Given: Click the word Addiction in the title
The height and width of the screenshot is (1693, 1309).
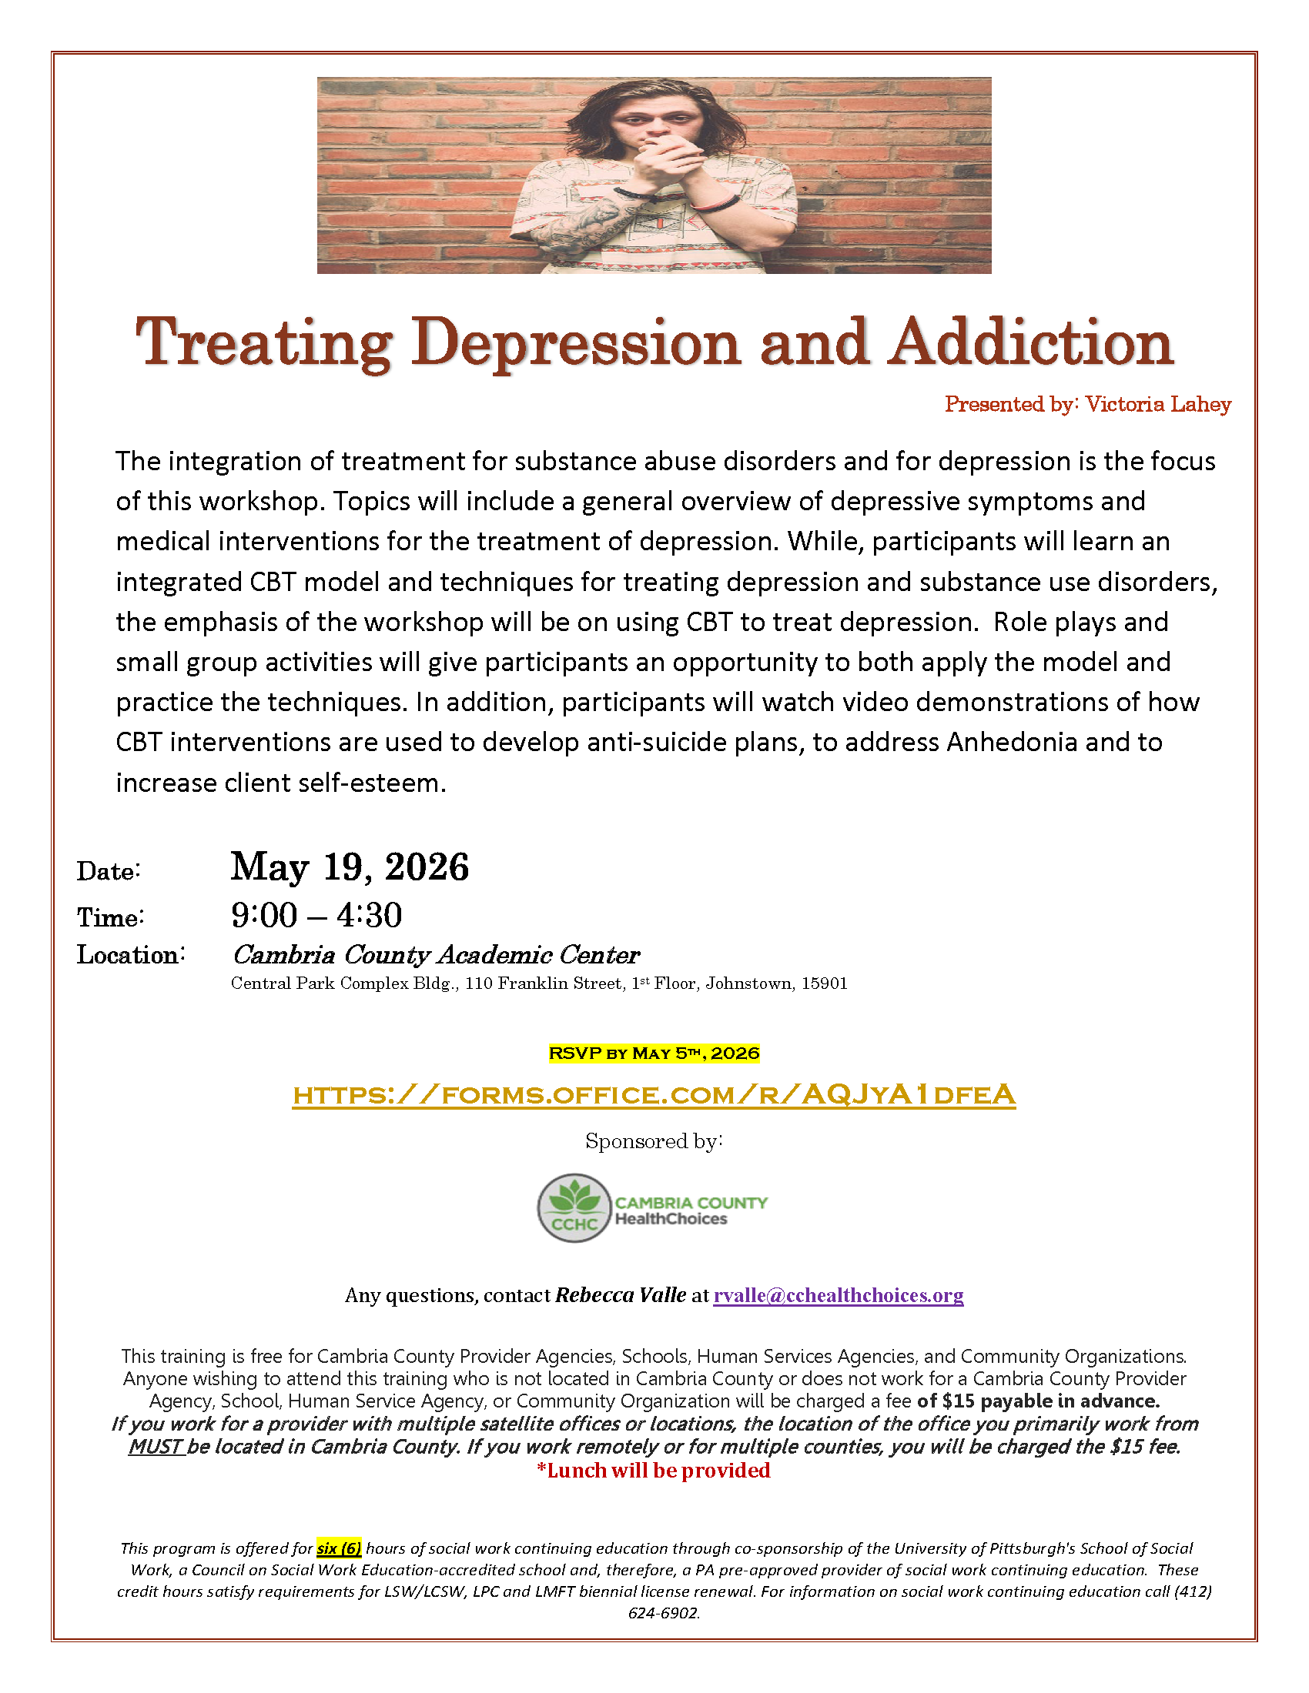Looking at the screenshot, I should click(x=1031, y=342).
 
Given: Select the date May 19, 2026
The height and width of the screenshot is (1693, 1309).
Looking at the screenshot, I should click(x=350, y=867).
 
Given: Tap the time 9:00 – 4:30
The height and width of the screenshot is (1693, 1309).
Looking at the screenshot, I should click(x=316, y=916).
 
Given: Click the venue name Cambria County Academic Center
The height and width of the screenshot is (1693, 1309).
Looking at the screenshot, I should click(x=436, y=954).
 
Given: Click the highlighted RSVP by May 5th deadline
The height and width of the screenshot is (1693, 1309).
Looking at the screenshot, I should click(x=654, y=1053).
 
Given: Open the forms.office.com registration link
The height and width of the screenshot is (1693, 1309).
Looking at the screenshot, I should click(x=654, y=1094).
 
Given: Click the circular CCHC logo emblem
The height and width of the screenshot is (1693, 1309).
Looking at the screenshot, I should click(x=574, y=1207).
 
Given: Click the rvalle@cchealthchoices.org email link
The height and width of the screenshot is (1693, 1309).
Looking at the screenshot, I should click(x=839, y=1295).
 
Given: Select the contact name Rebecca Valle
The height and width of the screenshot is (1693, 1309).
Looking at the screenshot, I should click(x=621, y=1295).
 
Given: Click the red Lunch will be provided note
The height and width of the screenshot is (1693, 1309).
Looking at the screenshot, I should click(x=654, y=1471).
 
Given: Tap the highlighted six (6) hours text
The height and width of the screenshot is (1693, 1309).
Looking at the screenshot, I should click(x=339, y=1548).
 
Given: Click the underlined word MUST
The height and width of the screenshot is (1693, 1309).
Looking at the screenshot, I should click(x=156, y=1447).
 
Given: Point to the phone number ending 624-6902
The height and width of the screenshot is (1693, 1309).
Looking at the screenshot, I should click(x=664, y=1613).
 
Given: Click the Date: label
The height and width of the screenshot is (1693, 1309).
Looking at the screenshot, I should click(x=109, y=871).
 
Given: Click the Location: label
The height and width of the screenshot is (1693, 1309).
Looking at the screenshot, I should click(x=130, y=955).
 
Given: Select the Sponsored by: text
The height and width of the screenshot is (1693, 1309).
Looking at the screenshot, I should click(x=654, y=1141).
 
